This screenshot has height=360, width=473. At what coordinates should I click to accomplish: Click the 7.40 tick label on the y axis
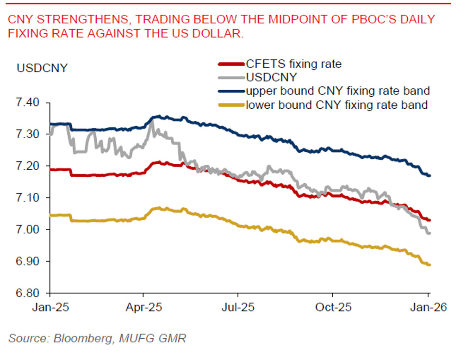(29, 102)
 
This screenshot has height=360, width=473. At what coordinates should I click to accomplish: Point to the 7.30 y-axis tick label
(29, 134)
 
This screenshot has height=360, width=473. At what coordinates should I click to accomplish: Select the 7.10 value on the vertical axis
(29, 198)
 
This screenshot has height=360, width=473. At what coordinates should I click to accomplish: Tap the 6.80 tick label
(29, 293)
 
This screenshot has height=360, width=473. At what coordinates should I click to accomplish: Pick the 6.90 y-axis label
(29, 262)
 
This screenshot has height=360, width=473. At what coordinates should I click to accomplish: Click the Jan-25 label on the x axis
(50, 307)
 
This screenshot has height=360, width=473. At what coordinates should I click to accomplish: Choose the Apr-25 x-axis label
(143, 307)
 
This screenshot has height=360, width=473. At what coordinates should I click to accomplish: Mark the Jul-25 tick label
(238, 307)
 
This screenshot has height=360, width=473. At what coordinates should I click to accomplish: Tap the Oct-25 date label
(332, 307)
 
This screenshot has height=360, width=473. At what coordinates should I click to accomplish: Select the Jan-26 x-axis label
(428, 307)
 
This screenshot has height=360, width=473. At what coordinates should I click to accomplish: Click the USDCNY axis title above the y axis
(42, 68)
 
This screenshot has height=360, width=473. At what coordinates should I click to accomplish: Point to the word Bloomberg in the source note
(81, 338)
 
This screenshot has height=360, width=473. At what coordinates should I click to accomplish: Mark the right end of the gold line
(429, 265)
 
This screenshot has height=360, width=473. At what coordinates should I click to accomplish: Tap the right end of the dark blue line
(429, 175)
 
